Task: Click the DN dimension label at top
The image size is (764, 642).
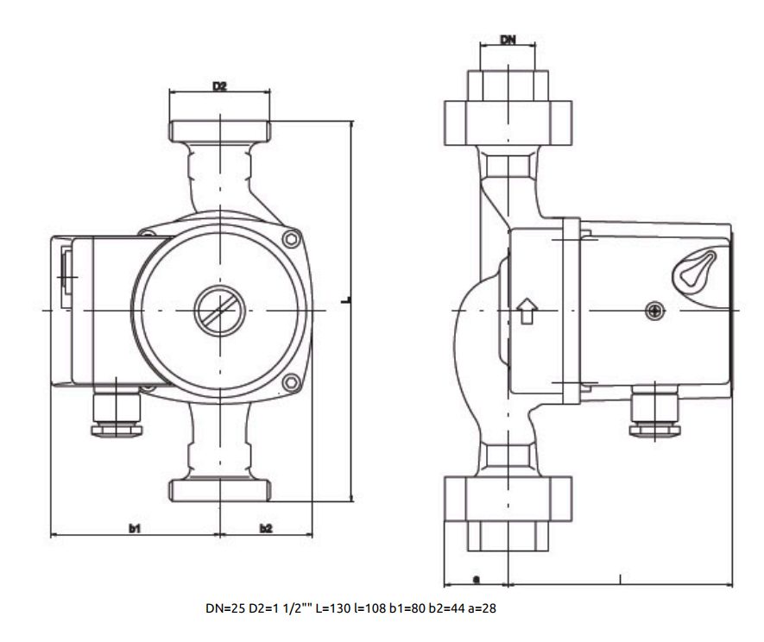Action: (x=508, y=40)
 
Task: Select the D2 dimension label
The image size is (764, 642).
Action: (x=219, y=86)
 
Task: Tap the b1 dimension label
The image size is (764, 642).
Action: (x=135, y=528)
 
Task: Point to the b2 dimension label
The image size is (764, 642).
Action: (x=266, y=528)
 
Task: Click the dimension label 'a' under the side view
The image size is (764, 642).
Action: (x=477, y=579)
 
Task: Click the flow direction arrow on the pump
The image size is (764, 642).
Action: (x=527, y=312)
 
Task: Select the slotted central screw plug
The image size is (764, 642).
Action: (x=220, y=311)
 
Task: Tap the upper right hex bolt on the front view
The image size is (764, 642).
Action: (x=291, y=239)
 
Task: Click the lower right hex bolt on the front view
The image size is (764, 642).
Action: (x=292, y=382)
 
